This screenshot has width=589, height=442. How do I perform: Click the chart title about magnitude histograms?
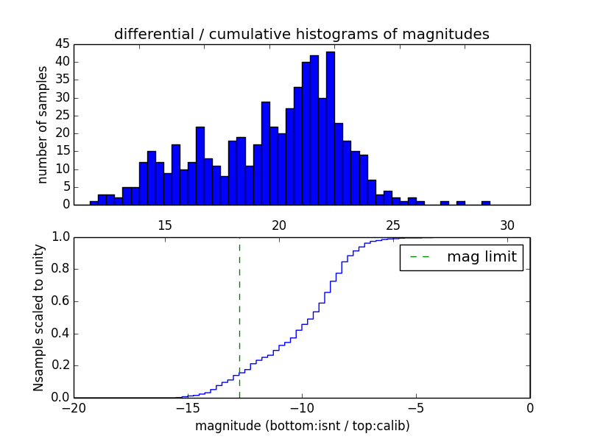pos(301,34)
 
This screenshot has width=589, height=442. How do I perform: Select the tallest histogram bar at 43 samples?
pos(331,128)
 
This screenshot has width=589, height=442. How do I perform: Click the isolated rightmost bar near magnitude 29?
pos(486,203)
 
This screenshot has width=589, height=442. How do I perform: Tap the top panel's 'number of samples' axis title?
pos(43,124)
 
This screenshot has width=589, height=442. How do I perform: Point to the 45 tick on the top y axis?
pos(62,44)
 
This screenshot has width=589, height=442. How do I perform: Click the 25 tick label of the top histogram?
pos(393,225)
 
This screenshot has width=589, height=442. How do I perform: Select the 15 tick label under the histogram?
pos(164,225)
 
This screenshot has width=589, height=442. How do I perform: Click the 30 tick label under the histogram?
pos(507,225)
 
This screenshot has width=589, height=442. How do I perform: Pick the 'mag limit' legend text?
pos(482,258)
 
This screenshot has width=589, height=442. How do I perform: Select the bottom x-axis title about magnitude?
pos(302,426)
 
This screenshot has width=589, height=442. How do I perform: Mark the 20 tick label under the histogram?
pos(279,225)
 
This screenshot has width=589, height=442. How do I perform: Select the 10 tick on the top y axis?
pos(62,169)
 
